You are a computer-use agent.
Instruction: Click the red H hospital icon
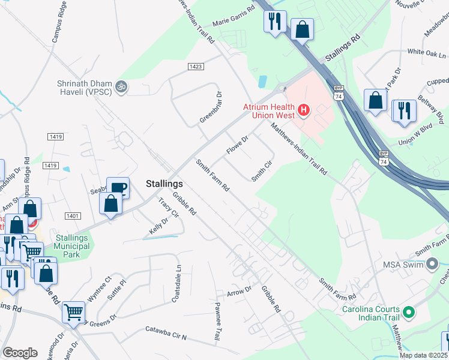click(x=304, y=110)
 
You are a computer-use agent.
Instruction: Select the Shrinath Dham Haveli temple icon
click(x=121, y=87)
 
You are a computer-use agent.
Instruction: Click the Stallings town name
click(x=164, y=184)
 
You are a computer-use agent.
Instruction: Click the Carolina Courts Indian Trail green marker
click(x=409, y=312)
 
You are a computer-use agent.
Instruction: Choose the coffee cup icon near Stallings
click(x=118, y=188)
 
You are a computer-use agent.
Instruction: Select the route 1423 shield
click(x=194, y=67)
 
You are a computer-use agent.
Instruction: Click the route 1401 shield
click(x=73, y=215)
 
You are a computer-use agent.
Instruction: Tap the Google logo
click(x=20, y=353)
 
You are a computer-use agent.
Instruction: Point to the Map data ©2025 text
click(x=423, y=355)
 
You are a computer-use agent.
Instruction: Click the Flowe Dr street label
click(x=237, y=144)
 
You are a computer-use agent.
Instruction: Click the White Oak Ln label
click(x=423, y=53)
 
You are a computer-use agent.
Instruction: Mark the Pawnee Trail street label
click(x=218, y=323)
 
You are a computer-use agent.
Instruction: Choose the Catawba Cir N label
click(x=167, y=334)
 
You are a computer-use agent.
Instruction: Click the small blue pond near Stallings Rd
click(x=262, y=81)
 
